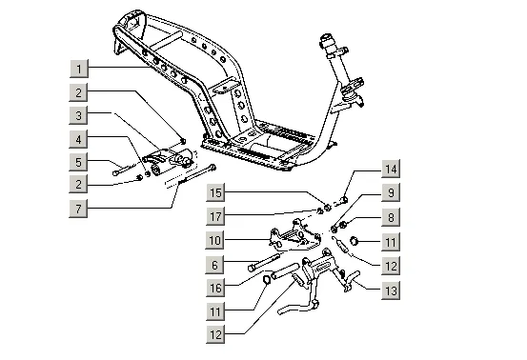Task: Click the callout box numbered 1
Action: click(x=79, y=69)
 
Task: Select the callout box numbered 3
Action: click(x=79, y=115)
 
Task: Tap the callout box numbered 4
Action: click(x=79, y=139)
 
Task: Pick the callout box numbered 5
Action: click(x=79, y=162)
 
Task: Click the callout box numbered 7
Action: click(x=79, y=209)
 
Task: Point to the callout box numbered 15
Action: click(x=215, y=192)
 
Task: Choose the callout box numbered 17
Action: click(x=215, y=216)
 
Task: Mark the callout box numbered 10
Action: click(x=215, y=240)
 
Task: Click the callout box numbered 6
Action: click(x=215, y=265)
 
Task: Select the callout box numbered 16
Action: click(x=215, y=288)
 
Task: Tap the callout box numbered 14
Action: click(x=391, y=169)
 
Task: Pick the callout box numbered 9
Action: click(x=391, y=192)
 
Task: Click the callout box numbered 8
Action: click(x=391, y=217)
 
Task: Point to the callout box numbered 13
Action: click(x=391, y=290)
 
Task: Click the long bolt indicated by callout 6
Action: click(x=264, y=262)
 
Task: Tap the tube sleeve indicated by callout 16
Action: click(x=285, y=271)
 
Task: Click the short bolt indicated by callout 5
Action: click(x=124, y=169)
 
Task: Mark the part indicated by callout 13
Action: click(x=352, y=281)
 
